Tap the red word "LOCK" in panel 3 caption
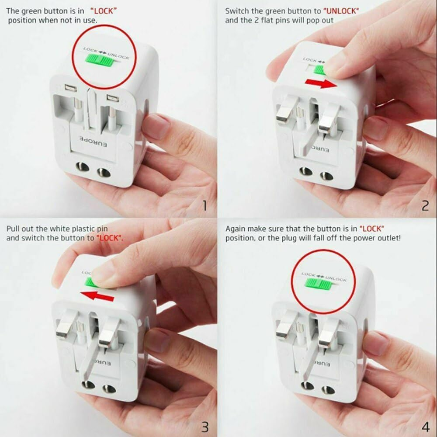click(x=109, y=238)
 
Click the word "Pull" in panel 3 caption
click(x=13, y=228)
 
